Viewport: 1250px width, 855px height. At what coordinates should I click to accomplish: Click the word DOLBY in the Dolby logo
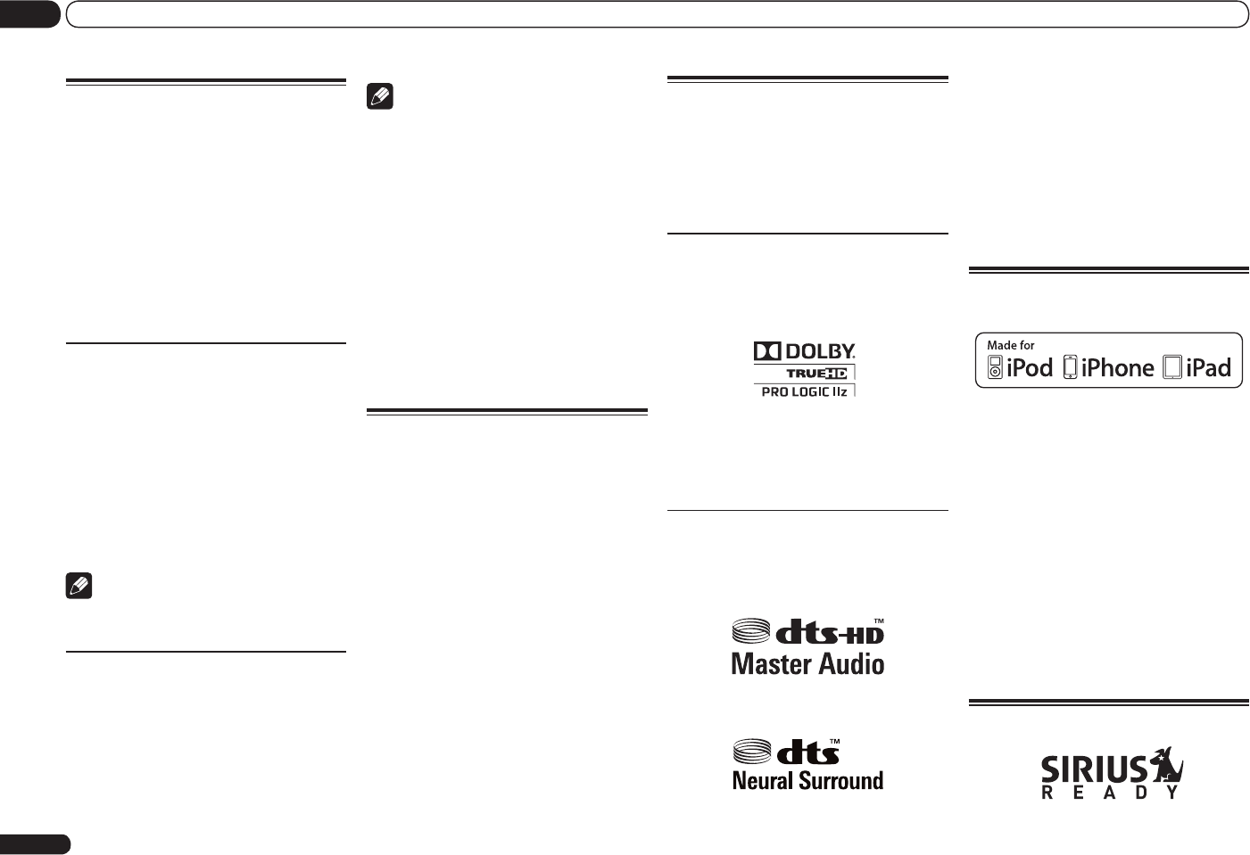pyautogui.click(x=819, y=351)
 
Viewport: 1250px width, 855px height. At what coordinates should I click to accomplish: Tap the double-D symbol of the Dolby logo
pyautogui.click(x=766, y=351)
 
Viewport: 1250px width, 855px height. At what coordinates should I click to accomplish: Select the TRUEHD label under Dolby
pyautogui.click(x=816, y=374)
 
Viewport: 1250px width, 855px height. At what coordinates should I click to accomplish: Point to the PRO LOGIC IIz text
pyautogui.click(x=804, y=391)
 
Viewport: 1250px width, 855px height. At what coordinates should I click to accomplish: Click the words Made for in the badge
pyautogui.click(x=1010, y=345)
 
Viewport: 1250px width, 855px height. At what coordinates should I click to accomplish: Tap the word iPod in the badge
pyautogui.click(x=1030, y=367)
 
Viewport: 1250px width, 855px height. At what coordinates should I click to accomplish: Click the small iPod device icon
pyautogui.click(x=995, y=367)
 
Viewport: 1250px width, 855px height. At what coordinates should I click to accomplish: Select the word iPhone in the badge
pyautogui.click(x=1117, y=367)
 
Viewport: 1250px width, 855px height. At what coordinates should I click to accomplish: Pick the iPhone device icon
pyautogui.click(x=1071, y=367)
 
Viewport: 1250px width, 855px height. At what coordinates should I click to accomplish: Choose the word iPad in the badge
pyautogui.click(x=1208, y=367)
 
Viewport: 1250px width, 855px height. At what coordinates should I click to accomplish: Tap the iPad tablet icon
pyautogui.click(x=1172, y=367)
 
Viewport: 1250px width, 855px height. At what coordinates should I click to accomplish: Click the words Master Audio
pyautogui.click(x=807, y=664)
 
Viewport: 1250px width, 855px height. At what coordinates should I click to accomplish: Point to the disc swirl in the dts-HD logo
pyautogui.click(x=751, y=631)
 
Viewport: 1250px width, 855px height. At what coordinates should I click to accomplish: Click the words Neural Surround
pyautogui.click(x=807, y=781)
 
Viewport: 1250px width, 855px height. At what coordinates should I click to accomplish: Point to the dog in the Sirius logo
pyautogui.click(x=1164, y=766)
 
